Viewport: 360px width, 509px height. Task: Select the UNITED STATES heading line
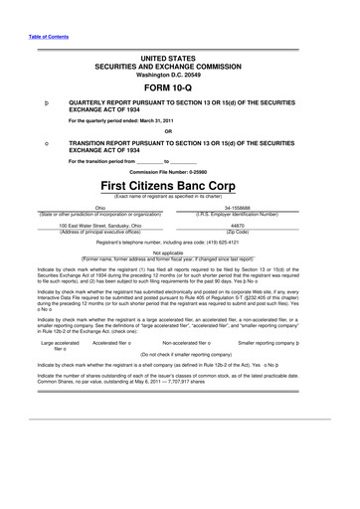(180, 59)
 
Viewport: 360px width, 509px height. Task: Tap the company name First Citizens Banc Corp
(180, 186)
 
